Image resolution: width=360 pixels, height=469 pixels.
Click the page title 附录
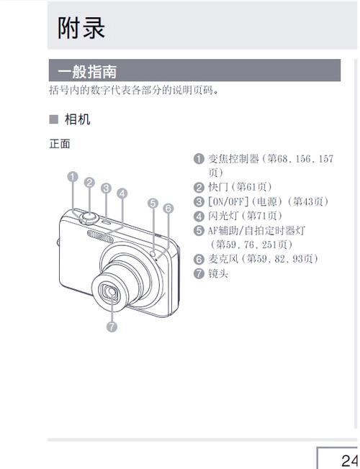(x=82, y=27)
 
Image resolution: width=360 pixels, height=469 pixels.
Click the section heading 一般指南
(x=88, y=71)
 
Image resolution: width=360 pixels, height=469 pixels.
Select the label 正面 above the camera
(x=59, y=144)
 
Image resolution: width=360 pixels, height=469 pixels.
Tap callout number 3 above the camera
(x=106, y=188)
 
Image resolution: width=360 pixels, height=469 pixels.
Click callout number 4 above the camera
(x=122, y=193)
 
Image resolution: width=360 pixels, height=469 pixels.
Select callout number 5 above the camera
(x=153, y=202)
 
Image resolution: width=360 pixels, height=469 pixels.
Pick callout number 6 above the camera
(x=168, y=209)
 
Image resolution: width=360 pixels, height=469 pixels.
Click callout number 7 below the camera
(x=112, y=327)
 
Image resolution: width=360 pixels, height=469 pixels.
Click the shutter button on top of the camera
(x=89, y=216)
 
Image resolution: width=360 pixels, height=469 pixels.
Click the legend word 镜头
(x=217, y=273)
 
